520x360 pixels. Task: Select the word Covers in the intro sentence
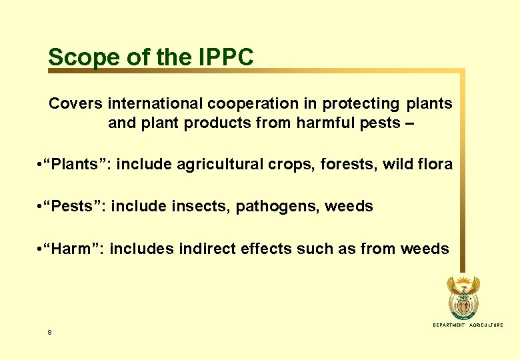75,104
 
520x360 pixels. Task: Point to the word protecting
361,104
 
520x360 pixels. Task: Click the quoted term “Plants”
75,164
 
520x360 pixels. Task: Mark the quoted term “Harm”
72,249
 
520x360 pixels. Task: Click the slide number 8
50,332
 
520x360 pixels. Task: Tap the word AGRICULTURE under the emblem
486,325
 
